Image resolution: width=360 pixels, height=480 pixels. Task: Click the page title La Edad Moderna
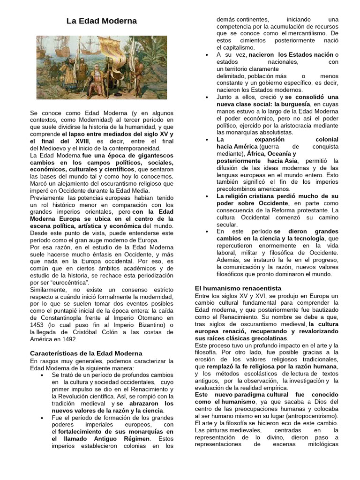(101, 21)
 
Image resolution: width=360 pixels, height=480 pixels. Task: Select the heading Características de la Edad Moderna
(86, 353)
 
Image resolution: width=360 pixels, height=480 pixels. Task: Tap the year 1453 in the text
(37, 326)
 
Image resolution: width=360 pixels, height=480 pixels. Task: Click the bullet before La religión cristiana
(207, 196)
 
